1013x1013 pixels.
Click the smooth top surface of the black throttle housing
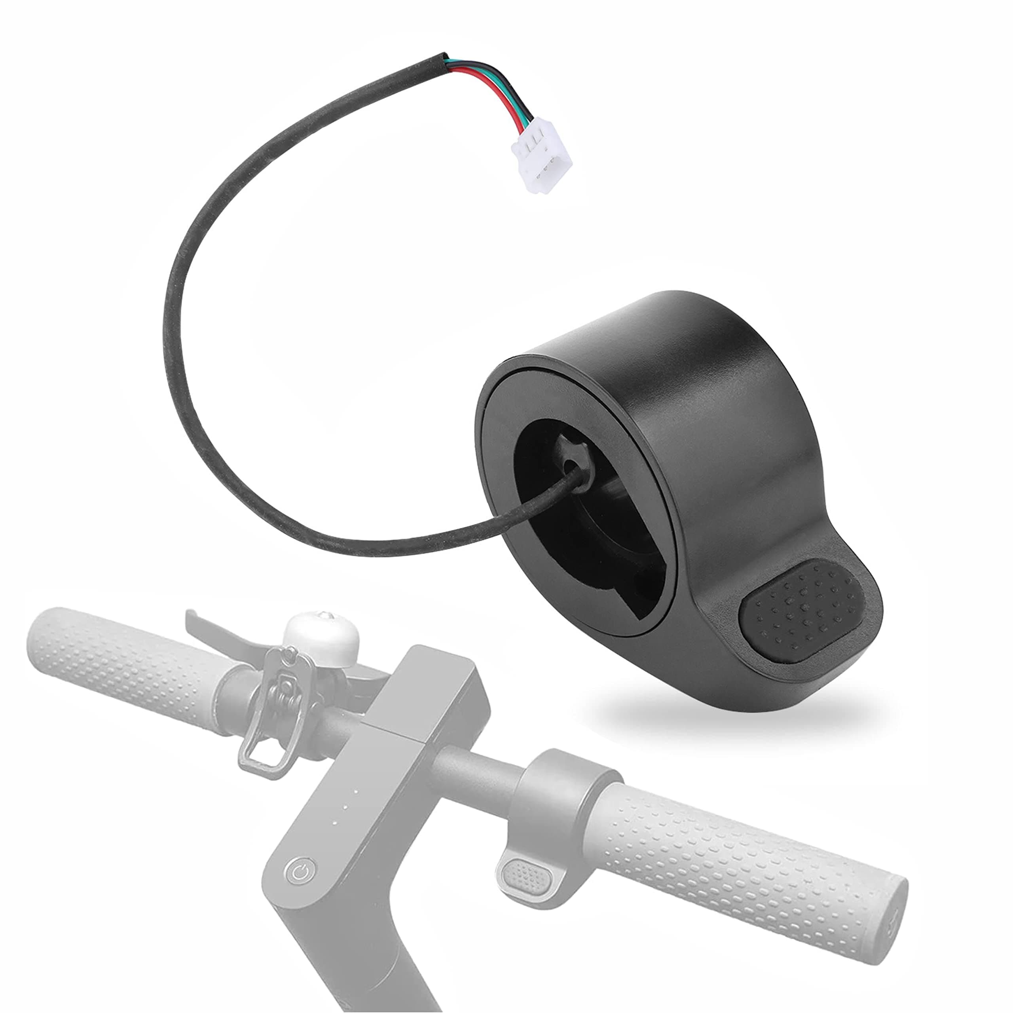pyautogui.click(x=682, y=336)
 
